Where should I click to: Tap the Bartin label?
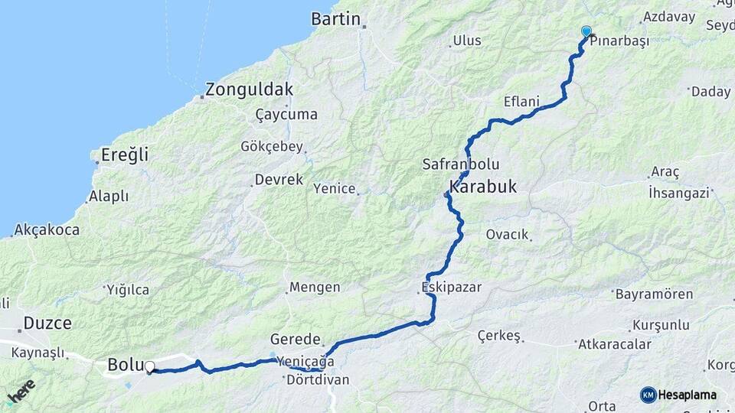point(335,19)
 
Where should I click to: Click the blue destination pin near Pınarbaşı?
point(586,32)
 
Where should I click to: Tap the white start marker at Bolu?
point(149,367)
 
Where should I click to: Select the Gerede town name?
point(295,340)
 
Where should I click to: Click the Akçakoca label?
point(47,229)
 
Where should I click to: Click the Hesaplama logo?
point(679,395)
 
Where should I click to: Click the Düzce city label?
point(47,324)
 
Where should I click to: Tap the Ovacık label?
point(508,235)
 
